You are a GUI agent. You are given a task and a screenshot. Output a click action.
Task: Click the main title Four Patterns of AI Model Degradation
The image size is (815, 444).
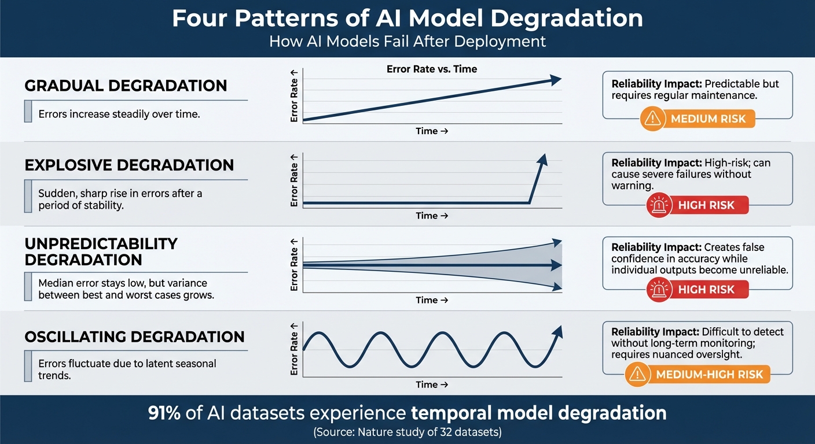click(407, 18)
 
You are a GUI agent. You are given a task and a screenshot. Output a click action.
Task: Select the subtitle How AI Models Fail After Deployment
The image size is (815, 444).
click(407, 42)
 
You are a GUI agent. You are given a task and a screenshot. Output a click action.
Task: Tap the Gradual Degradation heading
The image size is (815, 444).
click(126, 86)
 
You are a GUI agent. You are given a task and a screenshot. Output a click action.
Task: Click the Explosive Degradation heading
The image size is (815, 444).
click(129, 165)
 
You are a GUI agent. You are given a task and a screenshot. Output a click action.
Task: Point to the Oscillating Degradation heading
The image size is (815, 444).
click(134, 336)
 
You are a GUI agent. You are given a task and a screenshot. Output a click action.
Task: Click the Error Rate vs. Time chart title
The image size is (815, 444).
click(431, 69)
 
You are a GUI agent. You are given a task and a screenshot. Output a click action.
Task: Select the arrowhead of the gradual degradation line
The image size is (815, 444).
click(555, 80)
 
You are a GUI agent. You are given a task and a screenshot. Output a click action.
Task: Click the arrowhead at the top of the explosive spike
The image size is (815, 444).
click(542, 160)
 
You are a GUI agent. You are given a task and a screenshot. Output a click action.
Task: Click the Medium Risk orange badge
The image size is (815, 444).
click(697, 119)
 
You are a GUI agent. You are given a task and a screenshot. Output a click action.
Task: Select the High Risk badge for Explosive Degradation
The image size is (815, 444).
click(697, 205)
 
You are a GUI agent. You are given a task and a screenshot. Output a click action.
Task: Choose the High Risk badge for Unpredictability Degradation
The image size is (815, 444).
click(697, 290)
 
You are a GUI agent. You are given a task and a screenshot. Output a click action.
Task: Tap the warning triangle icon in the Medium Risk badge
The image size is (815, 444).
click(653, 119)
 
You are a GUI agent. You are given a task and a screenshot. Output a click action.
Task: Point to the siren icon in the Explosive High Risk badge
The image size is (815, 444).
click(658, 205)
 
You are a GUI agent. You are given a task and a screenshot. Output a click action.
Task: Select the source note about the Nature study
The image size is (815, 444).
click(407, 432)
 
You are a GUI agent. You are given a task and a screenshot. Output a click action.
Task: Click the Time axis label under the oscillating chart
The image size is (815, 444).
click(431, 384)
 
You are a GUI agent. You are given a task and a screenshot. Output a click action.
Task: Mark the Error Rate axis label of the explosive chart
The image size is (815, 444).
click(295, 180)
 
